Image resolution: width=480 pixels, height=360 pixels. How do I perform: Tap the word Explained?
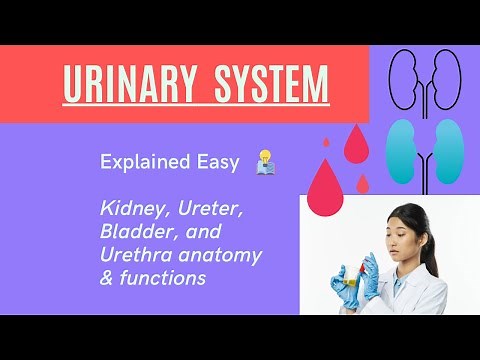[x=140, y=162]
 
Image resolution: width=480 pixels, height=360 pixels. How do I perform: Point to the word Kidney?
[x=128, y=210]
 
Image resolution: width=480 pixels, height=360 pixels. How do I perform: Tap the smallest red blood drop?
[x=362, y=184]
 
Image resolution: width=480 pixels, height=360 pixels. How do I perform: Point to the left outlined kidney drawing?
[x=405, y=74]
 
